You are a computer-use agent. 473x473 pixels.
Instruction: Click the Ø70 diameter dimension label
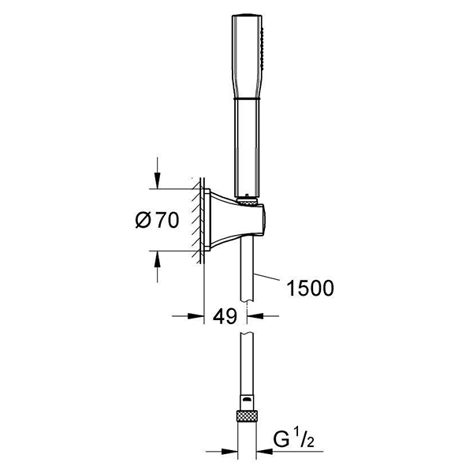157,220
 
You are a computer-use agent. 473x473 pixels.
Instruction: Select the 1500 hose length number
310,288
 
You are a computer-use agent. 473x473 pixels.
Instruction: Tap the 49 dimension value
225,316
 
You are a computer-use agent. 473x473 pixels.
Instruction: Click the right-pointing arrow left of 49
188,316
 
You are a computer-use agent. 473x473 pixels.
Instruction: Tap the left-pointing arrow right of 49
263,316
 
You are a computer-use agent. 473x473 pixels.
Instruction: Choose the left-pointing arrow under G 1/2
289,452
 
